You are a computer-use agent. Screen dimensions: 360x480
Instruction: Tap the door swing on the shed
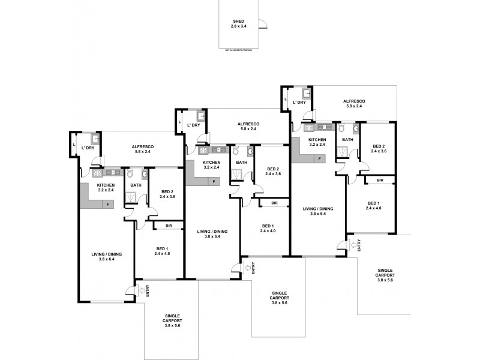(x=262, y=24)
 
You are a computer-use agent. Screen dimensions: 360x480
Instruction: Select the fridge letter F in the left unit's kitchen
(x=108, y=205)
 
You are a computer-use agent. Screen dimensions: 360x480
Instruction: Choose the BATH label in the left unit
(x=136, y=185)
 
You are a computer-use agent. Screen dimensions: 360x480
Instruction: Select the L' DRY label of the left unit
(x=88, y=148)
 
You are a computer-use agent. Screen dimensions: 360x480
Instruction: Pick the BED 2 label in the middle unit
(x=274, y=171)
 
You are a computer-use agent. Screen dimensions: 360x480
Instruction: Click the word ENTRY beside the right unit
(x=359, y=245)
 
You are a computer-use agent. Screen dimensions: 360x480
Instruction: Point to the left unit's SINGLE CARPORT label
(x=173, y=320)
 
